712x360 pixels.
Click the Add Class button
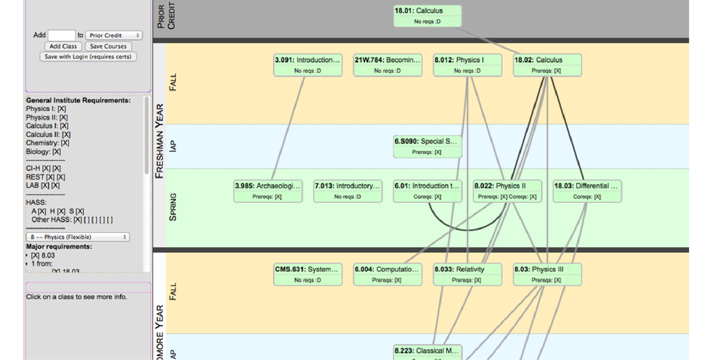point(63,46)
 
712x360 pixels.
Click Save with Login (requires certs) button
point(88,57)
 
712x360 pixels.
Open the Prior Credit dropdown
point(114,35)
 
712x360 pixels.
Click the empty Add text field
point(61,35)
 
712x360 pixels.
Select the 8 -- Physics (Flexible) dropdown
point(78,237)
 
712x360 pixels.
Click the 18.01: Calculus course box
point(427,16)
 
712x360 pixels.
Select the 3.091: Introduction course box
point(308,65)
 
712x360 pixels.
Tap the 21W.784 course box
point(387,65)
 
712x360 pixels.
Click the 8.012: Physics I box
point(467,65)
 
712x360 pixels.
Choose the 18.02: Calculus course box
point(547,65)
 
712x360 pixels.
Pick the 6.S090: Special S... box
point(427,147)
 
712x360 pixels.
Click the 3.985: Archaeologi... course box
point(268,191)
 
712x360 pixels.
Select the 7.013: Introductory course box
point(348,191)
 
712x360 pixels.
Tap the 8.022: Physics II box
point(507,191)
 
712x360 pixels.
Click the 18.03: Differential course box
point(587,191)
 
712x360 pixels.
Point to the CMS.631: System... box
point(308,275)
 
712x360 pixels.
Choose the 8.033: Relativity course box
point(467,275)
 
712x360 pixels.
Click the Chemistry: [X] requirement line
point(48,143)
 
